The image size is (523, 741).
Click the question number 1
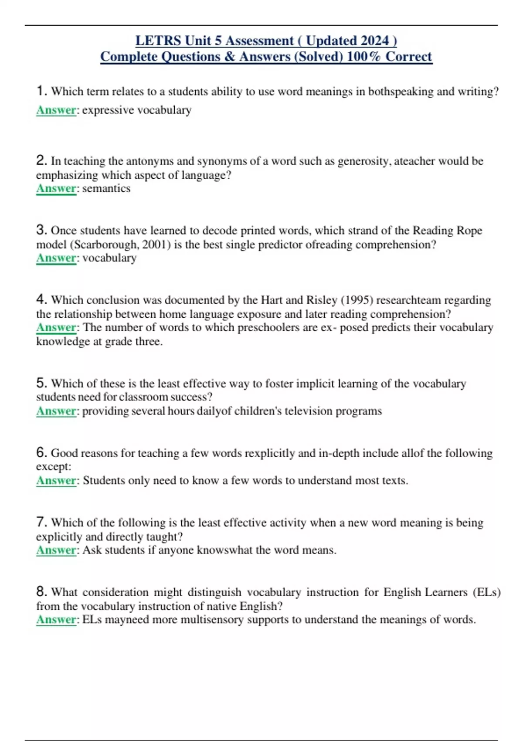click(x=41, y=91)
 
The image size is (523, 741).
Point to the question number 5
click(x=41, y=383)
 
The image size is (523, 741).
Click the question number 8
click(x=41, y=591)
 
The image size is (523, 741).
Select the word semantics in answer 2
click(x=106, y=188)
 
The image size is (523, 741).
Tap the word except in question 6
click(x=53, y=466)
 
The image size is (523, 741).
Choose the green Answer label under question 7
click(x=56, y=550)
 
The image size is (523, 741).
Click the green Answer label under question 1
click(x=56, y=110)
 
